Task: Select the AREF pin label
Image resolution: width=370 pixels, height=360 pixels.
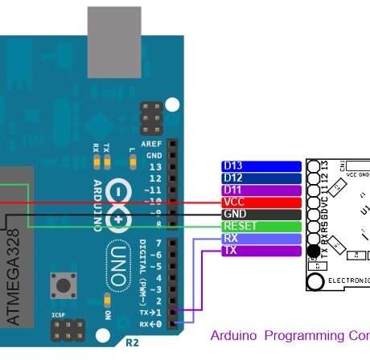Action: [x=151, y=143]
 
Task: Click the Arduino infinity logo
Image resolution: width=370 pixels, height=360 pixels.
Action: [x=117, y=205]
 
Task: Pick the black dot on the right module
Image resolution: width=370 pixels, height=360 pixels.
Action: [x=313, y=251]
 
